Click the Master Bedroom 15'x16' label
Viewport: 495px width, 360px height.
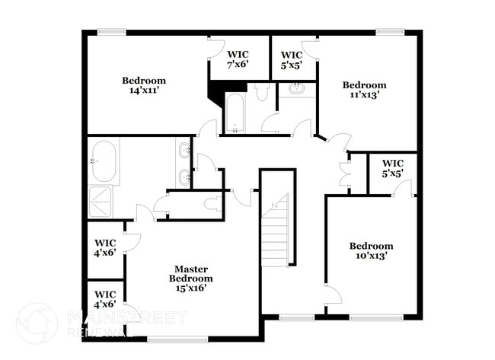click(x=190, y=279)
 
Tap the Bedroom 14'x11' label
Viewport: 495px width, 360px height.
click(x=144, y=85)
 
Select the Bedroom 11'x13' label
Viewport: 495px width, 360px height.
click(x=364, y=90)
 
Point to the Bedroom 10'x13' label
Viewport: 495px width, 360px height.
click(x=372, y=250)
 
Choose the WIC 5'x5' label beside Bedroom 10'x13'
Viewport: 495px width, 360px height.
click(x=393, y=168)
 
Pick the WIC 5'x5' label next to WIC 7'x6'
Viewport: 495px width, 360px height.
click(x=292, y=59)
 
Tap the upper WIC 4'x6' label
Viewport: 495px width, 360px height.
click(x=105, y=247)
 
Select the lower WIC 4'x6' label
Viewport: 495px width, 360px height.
click(x=105, y=299)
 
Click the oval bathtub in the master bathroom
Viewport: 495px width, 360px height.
click(x=104, y=161)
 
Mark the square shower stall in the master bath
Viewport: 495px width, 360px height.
click(x=102, y=201)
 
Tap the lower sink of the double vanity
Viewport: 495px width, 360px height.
click(x=185, y=178)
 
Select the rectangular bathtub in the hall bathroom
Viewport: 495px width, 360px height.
click(x=235, y=113)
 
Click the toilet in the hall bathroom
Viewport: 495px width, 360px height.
click(x=263, y=94)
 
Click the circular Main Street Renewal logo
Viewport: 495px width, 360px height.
click(x=36, y=323)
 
